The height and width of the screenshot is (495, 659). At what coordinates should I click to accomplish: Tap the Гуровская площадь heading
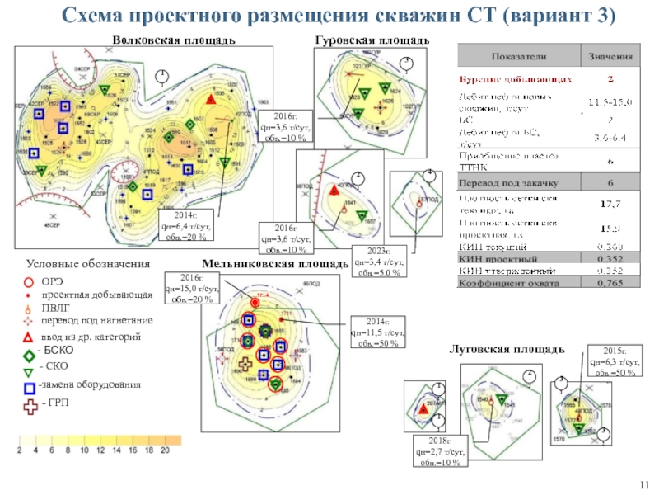pyautogui.click(x=372, y=40)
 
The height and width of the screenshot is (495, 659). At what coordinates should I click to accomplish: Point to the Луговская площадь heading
pyautogui.click(x=506, y=350)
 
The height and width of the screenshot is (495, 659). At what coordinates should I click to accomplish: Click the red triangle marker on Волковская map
pyautogui.click(x=211, y=100)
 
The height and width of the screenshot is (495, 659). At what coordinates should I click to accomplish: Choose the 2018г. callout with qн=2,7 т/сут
pyautogui.click(x=442, y=453)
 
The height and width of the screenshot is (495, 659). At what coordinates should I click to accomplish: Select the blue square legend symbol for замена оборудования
pyautogui.click(x=30, y=385)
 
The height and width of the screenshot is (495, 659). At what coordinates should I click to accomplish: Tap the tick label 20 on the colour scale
pyautogui.click(x=165, y=450)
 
